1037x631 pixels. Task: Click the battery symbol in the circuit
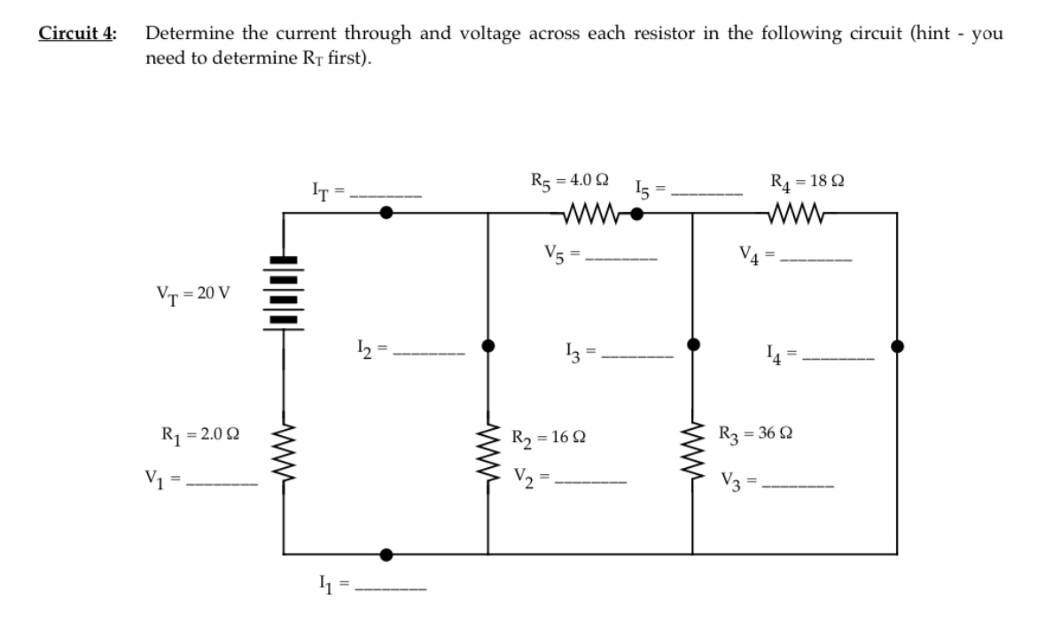(x=284, y=292)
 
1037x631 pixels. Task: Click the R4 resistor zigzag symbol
(x=800, y=213)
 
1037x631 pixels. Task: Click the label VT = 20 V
(x=193, y=294)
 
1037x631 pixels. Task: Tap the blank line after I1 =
(x=390, y=590)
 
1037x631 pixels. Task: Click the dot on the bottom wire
(x=386, y=555)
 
